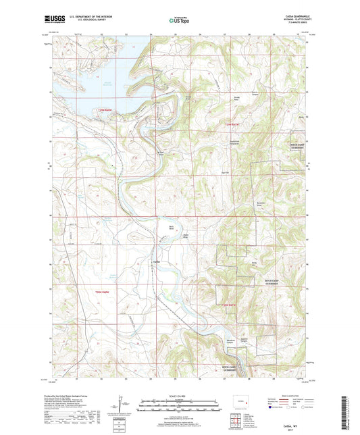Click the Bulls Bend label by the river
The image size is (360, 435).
coord(172,228)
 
